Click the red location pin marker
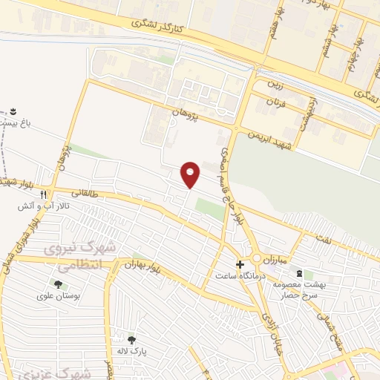click(191, 174)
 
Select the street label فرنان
click(277, 102)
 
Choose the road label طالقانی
click(82, 193)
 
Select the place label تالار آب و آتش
click(44, 206)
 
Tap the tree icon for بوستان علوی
click(58, 284)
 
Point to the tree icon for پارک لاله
click(131, 340)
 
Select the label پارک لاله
click(134, 351)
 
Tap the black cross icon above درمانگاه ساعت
click(240, 264)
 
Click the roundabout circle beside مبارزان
click(257, 259)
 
